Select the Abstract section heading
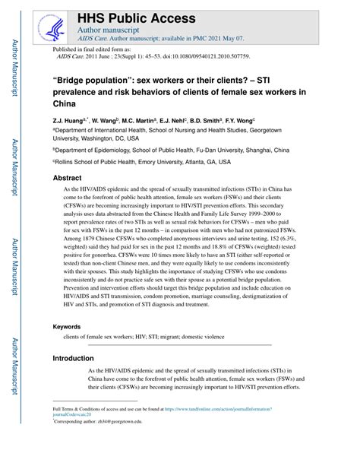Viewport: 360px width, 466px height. pyautogui.click(x=67, y=177)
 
